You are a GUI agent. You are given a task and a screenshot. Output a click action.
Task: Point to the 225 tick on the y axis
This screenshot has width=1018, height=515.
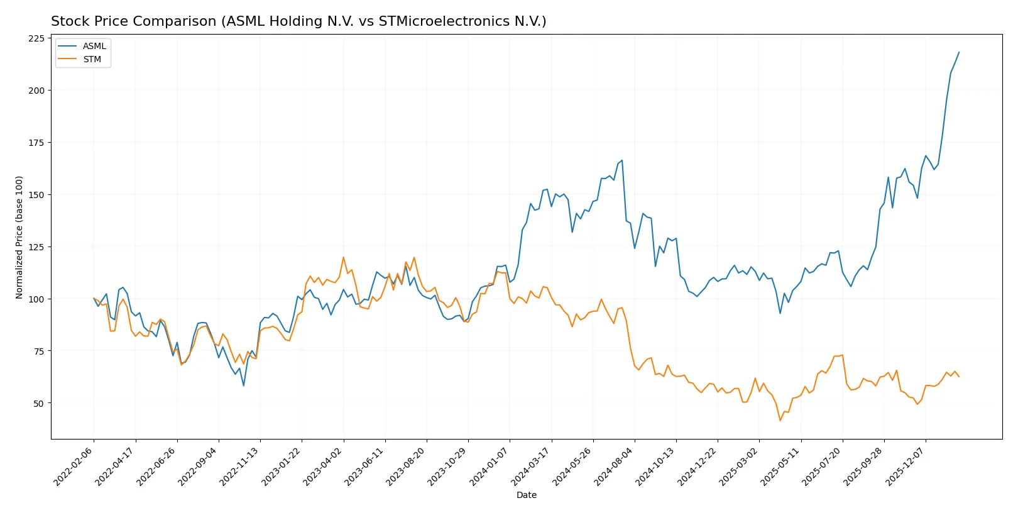pos(36,38)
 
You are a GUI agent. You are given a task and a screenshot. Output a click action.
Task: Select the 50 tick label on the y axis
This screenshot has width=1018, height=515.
pos(39,403)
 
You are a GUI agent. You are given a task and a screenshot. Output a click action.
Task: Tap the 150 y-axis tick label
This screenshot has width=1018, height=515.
pos(36,195)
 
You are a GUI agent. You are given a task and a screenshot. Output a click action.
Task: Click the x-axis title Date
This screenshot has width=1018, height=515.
pos(526,496)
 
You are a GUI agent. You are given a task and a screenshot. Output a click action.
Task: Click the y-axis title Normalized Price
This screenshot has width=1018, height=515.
pos(19,237)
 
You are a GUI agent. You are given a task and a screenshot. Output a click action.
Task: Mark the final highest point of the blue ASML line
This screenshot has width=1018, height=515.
pos(959,52)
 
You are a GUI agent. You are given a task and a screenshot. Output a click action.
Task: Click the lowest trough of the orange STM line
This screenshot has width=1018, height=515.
pos(780,421)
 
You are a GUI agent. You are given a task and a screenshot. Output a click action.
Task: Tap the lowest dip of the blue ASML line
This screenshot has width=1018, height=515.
pos(244,385)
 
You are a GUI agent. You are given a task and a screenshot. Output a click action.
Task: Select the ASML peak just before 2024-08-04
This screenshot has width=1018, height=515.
pos(622,160)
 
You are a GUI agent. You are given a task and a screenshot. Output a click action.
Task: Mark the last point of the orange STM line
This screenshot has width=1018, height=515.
pos(959,377)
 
